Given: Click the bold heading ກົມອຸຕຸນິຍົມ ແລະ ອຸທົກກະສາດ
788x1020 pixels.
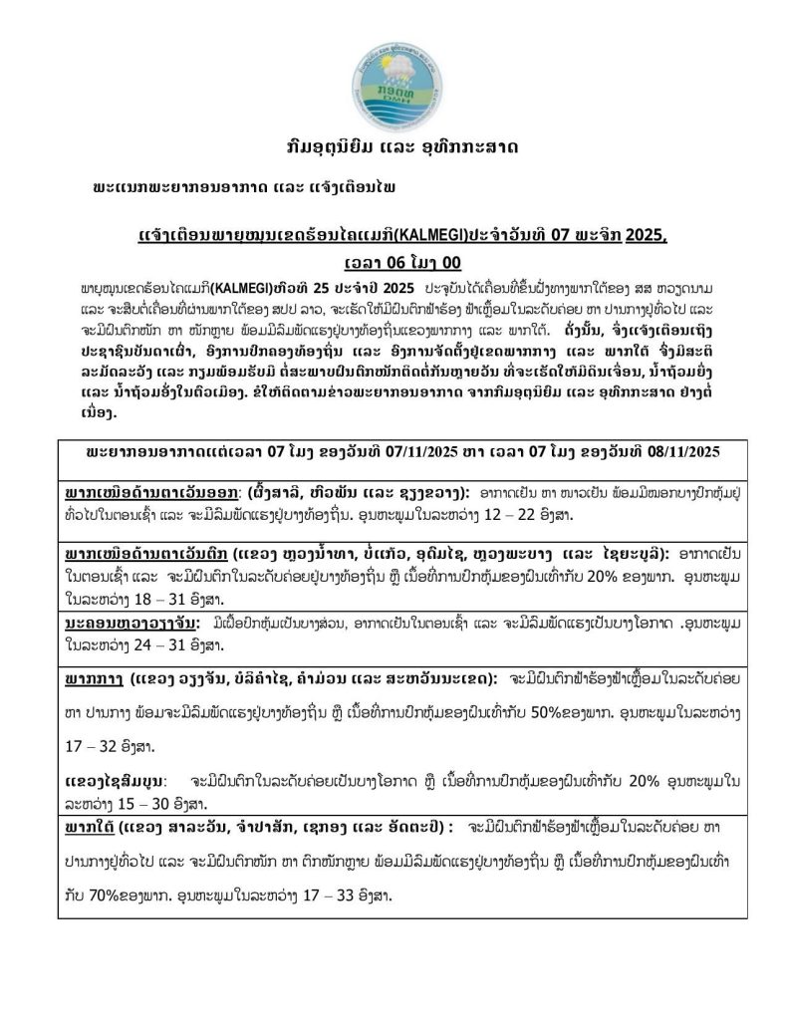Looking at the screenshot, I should pyautogui.click(x=394, y=146).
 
